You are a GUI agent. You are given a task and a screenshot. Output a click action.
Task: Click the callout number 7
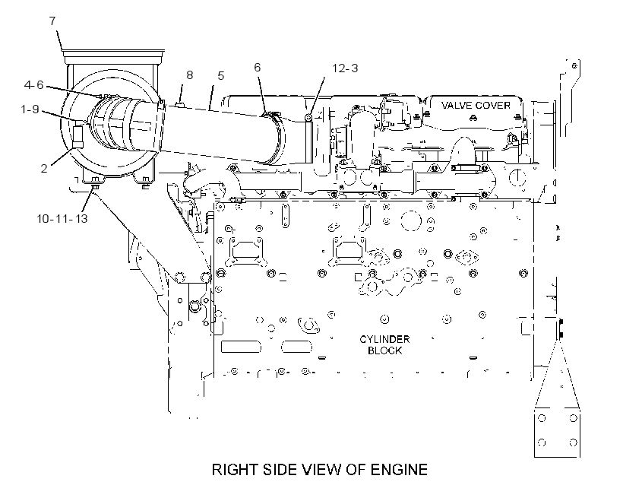click(52, 21)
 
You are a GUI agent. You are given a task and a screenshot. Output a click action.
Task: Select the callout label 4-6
click(33, 84)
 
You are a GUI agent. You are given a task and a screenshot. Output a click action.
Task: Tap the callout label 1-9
click(30, 109)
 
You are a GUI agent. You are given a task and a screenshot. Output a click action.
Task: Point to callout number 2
click(44, 168)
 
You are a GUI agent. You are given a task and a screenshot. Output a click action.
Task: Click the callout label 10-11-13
click(62, 218)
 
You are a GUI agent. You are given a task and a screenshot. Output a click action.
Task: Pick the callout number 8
click(189, 75)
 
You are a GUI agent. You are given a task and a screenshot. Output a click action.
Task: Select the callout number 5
click(221, 75)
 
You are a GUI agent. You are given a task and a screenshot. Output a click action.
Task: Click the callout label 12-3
click(345, 68)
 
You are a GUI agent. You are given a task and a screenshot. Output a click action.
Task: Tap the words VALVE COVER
click(476, 106)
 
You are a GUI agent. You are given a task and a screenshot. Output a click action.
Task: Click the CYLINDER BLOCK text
click(384, 345)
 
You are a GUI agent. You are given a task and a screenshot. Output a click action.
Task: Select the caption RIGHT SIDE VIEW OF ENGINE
click(320, 470)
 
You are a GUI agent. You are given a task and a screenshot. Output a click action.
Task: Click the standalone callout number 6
click(258, 67)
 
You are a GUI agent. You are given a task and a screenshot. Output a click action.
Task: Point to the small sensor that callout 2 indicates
click(77, 136)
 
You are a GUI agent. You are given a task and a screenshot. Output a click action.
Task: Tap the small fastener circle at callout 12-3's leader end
click(308, 118)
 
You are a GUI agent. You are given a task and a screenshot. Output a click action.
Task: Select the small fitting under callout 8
click(179, 104)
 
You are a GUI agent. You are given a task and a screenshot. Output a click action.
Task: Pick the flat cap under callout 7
click(114, 54)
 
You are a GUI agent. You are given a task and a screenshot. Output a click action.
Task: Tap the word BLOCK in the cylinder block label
click(384, 350)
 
